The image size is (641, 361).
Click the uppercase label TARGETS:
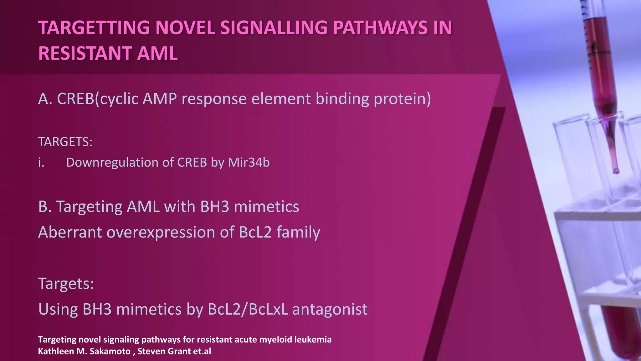pyautogui.click(x=65, y=142)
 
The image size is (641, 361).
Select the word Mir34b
pyautogui.click(x=249, y=163)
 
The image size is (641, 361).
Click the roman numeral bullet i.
pyautogui.click(x=41, y=163)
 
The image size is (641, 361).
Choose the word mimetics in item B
pyautogui.click(x=266, y=207)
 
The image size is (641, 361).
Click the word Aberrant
pyautogui.click(x=70, y=233)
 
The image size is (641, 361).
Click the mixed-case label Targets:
pyautogui.click(x=66, y=284)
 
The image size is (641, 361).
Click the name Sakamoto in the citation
pyautogui.click(x=110, y=351)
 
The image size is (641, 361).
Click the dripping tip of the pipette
pyautogui.click(x=616, y=171)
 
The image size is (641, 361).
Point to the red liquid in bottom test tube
pyautogui.click(x=621, y=332)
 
